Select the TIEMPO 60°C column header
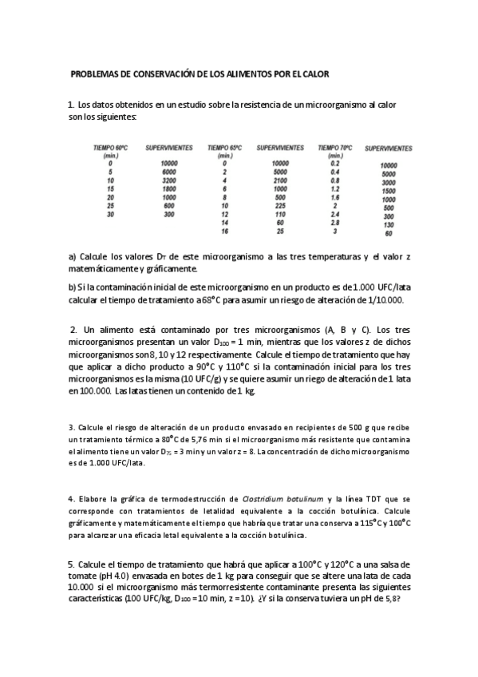(111, 148)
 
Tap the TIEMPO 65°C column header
(224, 148)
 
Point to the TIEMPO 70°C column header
(335, 148)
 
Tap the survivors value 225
(279, 206)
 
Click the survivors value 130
(388, 225)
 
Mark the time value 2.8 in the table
(335, 224)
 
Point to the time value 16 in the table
(225, 232)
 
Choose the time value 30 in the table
(111, 215)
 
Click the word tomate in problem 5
(85, 576)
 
